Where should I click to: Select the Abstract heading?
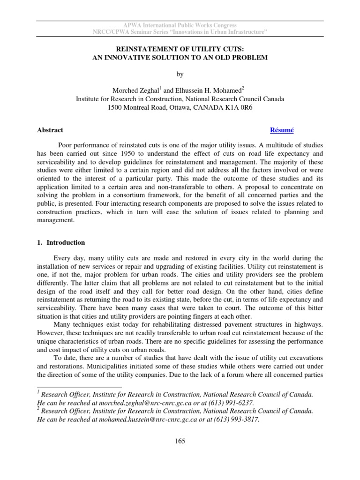(x=50, y=130)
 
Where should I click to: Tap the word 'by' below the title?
(x=180, y=74)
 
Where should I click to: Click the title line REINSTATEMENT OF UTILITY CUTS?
(x=180, y=48)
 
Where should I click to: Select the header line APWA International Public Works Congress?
(x=180, y=25)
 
